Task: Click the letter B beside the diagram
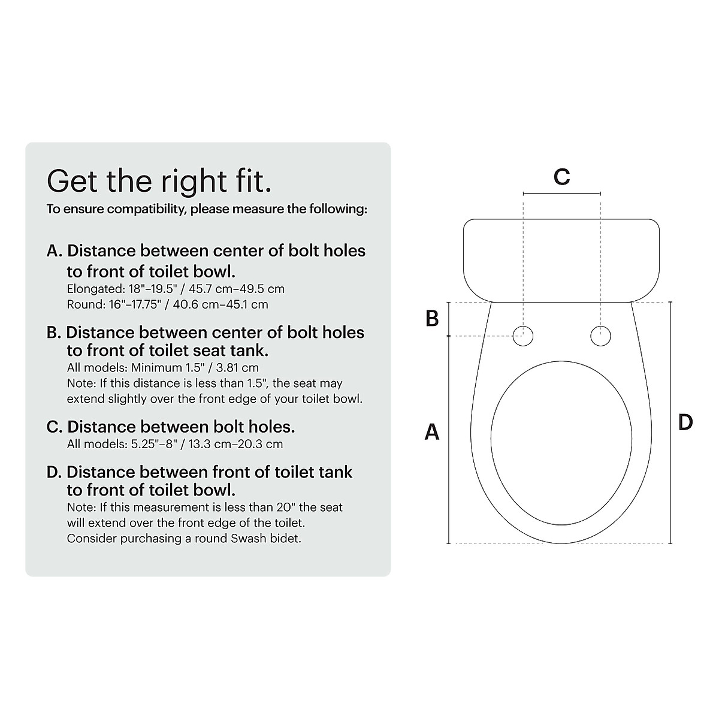(432, 319)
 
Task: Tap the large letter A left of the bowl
(432, 431)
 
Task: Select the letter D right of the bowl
(685, 422)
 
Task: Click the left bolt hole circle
(523, 336)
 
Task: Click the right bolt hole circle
(600, 336)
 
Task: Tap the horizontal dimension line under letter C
(561, 194)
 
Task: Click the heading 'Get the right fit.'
(159, 180)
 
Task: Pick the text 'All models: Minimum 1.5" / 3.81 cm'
(163, 367)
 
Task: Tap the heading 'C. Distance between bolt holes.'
(171, 427)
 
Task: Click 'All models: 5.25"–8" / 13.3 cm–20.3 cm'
(175, 444)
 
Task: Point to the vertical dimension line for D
(670, 422)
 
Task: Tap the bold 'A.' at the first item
(55, 251)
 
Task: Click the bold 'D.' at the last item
(55, 472)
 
